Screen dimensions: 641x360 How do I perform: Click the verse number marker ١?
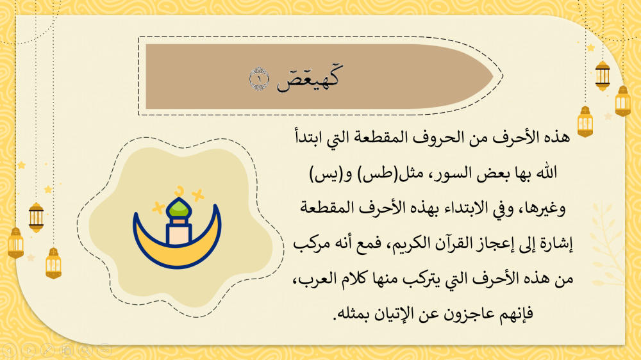pyautogui.click(x=259, y=79)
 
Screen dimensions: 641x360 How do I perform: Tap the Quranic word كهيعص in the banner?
pyautogui.click(x=309, y=78)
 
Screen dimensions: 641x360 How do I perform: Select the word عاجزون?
pyautogui.click(x=476, y=314)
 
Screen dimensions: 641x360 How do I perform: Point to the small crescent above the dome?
pyautogui.click(x=179, y=191)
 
